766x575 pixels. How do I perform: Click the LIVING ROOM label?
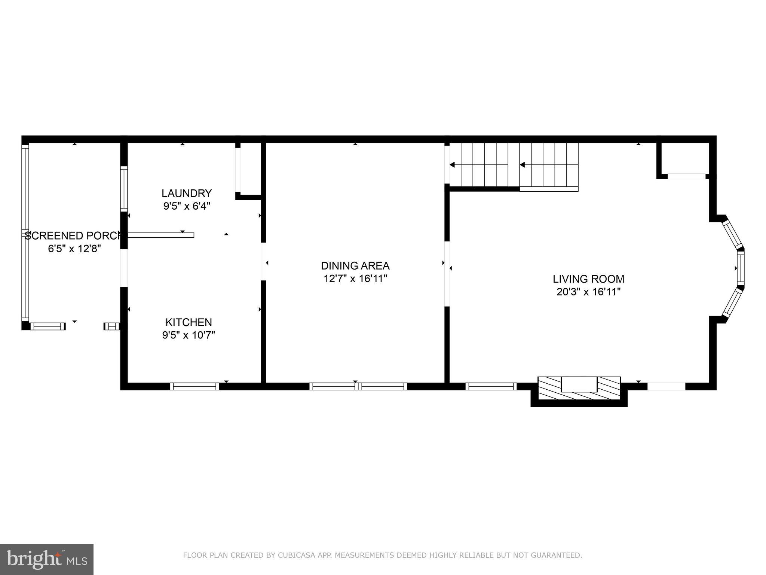pos(588,279)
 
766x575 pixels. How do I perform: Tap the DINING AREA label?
pos(355,266)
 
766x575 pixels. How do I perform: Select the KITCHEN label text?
pos(189,322)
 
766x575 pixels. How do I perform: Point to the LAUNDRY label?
pos(187,194)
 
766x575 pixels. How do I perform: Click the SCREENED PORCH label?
pos(74,236)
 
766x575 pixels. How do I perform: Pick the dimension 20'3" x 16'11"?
pos(588,292)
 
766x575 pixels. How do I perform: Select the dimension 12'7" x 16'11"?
pos(355,279)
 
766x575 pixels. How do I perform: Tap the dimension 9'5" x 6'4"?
pos(187,206)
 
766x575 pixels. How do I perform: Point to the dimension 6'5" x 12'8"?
pos(74,249)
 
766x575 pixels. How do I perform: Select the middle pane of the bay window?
pos(741,268)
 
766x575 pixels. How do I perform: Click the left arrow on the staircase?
pos(452,165)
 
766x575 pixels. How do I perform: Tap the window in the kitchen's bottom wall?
pos(194,386)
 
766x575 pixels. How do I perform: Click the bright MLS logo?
pos(46,559)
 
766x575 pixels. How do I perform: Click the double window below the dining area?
pos(358,386)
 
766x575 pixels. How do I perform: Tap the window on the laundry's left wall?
pos(124,189)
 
